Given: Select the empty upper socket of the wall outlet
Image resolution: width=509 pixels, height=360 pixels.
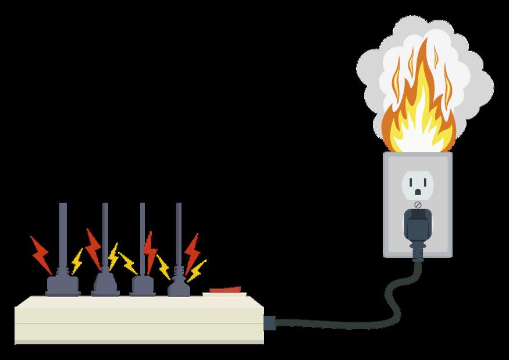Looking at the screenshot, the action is (417, 184).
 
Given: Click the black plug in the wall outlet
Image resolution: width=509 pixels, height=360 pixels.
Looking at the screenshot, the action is (417, 224).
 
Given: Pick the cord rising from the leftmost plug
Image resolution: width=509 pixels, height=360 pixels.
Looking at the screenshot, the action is (62, 233).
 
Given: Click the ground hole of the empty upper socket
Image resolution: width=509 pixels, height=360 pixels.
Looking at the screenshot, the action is (417, 191).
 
